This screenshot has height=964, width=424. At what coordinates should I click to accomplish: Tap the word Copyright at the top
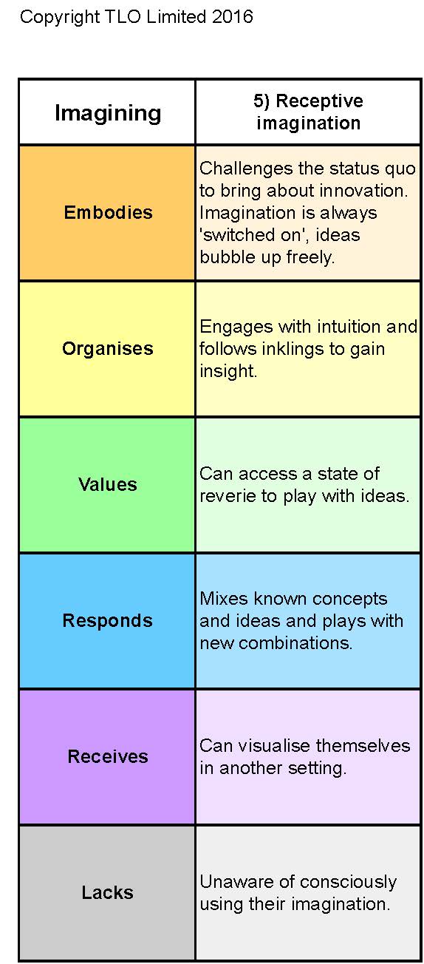tap(60, 18)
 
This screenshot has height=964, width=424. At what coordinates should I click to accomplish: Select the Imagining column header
tap(108, 113)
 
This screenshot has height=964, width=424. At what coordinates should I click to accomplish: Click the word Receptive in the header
tap(320, 101)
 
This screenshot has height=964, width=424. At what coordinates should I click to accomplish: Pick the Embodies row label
tap(109, 212)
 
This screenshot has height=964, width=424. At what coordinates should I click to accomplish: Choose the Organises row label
tap(108, 349)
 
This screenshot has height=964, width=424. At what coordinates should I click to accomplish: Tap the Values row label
tap(108, 484)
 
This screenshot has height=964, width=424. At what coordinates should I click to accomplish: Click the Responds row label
tap(108, 621)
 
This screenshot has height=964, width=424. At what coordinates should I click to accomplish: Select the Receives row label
tap(108, 756)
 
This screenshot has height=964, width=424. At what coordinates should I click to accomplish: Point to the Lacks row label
tap(108, 892)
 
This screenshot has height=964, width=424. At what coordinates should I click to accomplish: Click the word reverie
tap(228, 496)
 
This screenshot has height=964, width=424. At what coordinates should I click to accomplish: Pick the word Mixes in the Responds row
tap(224, 599)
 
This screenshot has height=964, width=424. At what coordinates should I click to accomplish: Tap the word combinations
tap(295, 643)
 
